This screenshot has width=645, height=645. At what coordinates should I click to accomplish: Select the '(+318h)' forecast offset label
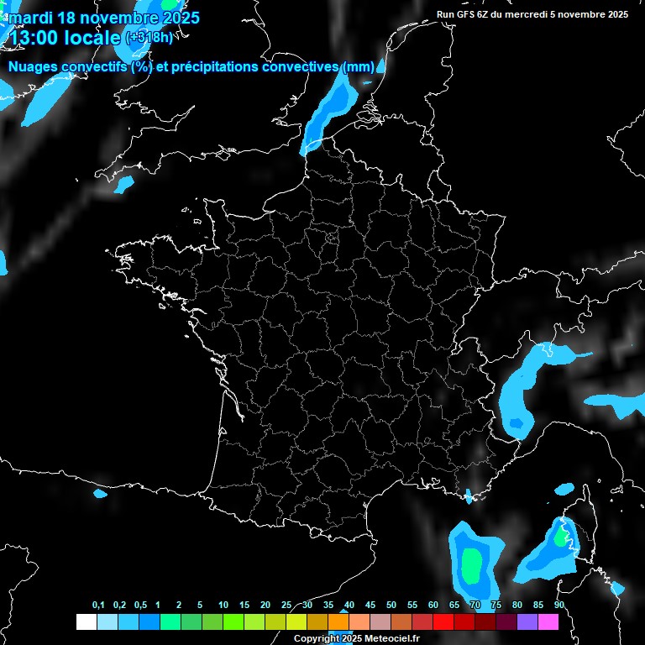(149, 37)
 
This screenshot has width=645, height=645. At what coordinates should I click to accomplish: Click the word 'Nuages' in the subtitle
(34, 67)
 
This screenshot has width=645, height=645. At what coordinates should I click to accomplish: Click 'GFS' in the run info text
(467, 14)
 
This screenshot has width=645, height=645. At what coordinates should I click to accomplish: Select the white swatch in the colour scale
(86, 622)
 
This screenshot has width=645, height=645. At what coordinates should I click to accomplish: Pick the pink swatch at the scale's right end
(548, 622)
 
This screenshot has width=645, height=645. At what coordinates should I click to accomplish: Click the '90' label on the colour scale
(558, 606)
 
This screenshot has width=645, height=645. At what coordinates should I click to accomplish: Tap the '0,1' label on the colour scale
(98, 606)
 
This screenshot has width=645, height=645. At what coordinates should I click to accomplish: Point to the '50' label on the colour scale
(391, 606)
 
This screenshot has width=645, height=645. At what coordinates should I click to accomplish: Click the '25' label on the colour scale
(286, 606)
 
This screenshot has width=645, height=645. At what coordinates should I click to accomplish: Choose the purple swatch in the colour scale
(527, 622)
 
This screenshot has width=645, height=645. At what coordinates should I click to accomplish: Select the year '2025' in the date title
(181, 18)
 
